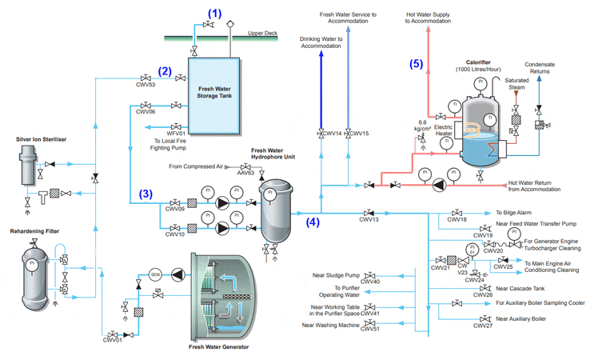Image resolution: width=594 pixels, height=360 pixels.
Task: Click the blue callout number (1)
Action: [x=214, y=13]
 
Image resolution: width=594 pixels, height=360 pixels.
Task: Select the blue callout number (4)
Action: [x=313, y=223]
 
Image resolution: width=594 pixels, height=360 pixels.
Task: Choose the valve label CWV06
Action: [x=146, y=113]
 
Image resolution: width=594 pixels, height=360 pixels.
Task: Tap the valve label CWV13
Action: [x=369, y=219]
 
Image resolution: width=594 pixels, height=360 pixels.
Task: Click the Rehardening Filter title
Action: [x=37, y=233]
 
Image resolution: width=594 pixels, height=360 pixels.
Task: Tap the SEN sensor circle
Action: [x=156, y=275]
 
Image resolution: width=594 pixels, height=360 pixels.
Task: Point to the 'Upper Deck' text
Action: [x=263, y=34]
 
